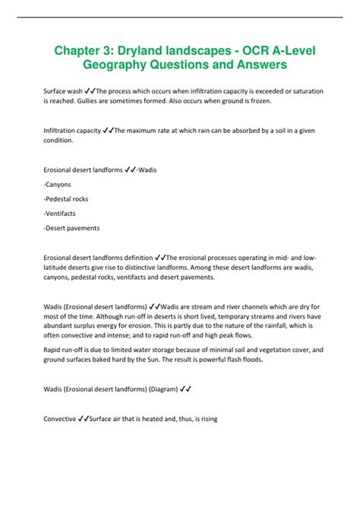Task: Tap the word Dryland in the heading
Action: (x=150, y=52)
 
